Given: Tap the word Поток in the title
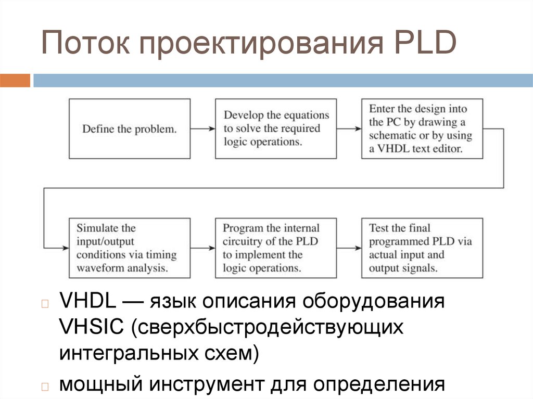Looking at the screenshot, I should [84, 44].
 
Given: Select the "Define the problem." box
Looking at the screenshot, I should [130, 129].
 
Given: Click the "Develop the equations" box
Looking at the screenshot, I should [276, 128].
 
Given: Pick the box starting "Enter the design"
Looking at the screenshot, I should [422, 129].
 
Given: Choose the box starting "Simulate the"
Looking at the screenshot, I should [130, 248].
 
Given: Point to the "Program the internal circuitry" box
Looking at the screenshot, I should [276, 248].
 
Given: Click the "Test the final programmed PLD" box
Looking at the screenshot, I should [422, 248].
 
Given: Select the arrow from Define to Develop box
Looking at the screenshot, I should [203, 128].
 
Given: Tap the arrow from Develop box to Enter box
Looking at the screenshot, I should [349, 128].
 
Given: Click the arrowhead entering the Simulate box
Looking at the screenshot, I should [65, 248].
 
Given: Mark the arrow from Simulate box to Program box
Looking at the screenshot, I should [203, 248].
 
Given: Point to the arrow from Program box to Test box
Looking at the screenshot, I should [349, 248].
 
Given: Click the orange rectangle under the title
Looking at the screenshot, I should [15, 81].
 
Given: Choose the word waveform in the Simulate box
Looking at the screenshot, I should [100, 268].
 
